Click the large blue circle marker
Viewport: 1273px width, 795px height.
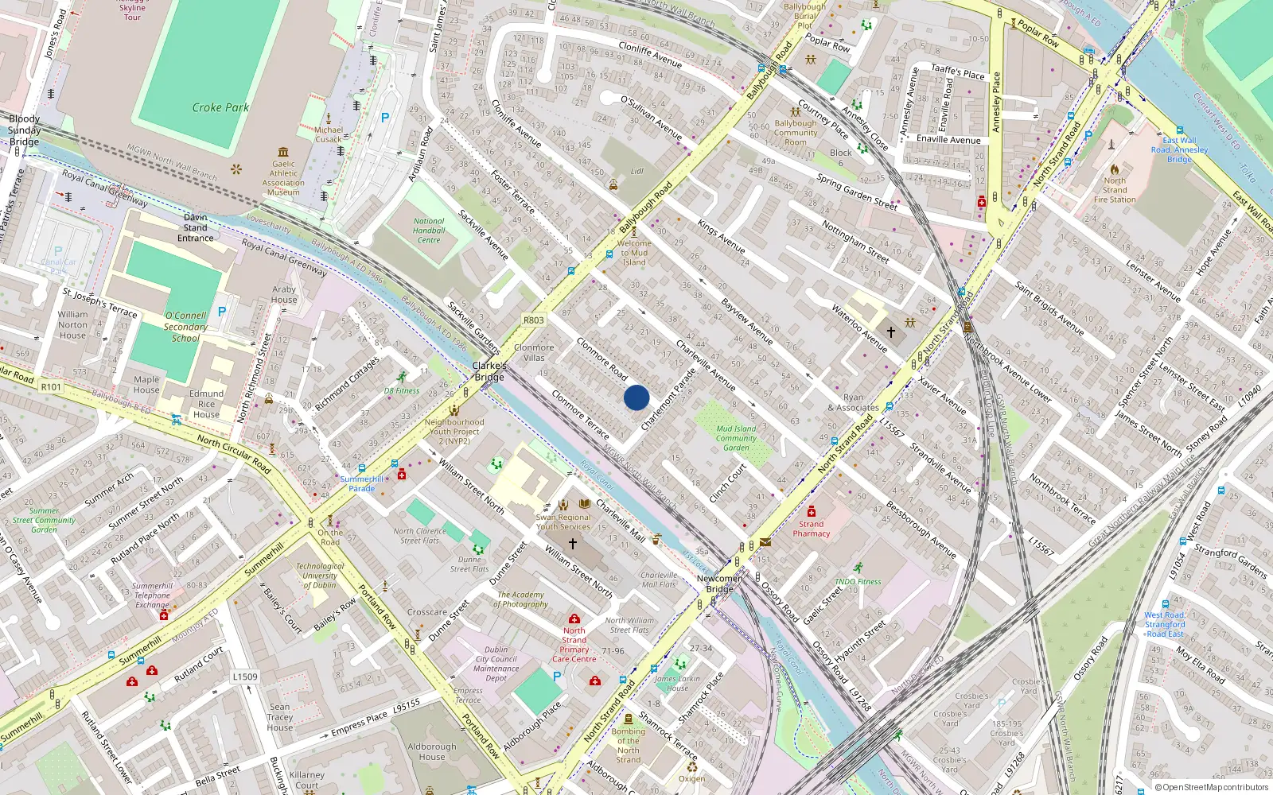[x=636, y=397]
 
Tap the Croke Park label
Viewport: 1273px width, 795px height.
[x=220, y=107]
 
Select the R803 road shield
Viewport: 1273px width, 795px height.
[x=534, y=320]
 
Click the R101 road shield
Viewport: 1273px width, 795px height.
[x=51, y=386]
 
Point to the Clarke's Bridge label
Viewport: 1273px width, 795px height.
[x=489, y=371]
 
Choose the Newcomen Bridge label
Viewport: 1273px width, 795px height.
[x=719, y=584]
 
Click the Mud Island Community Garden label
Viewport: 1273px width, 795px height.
[x=736, y=438]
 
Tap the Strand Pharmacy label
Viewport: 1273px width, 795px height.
[x=811, y=529]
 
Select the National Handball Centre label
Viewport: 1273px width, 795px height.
[x=429, y=231]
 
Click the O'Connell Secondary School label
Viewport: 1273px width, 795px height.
[x=185, y=327]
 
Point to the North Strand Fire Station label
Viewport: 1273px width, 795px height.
[x=1114, y=190]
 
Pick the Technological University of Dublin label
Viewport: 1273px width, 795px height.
[x=320, y=576]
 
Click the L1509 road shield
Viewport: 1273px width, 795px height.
[x=245, y=677]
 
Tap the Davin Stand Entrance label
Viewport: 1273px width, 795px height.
[x=196, y=227]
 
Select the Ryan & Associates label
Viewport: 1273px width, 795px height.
[x=853, y=402]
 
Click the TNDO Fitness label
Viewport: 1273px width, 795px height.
[x=858, y=581]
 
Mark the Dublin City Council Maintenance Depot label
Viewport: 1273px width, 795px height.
[x=496, y=664]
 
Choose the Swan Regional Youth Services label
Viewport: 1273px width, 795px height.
[x=563, y=522]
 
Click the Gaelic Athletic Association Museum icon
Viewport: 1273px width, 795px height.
[x=283, y=152]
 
